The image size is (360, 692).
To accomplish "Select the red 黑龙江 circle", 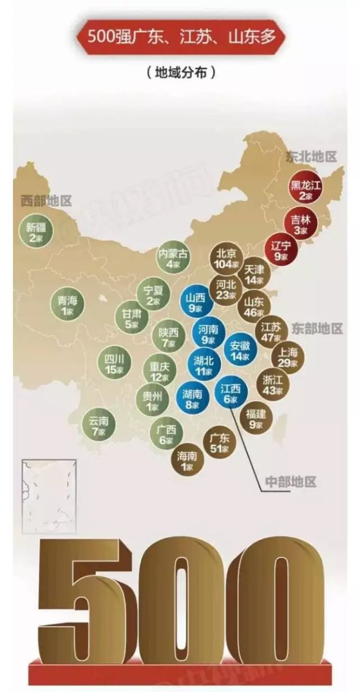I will coord(304,190).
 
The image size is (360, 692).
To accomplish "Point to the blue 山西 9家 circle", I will coord(196,302).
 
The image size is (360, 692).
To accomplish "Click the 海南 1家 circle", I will coord(187,461).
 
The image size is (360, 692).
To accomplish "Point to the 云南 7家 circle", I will coord(98,425).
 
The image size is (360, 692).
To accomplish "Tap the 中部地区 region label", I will coord(291,482).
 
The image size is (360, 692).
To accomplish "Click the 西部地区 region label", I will coord(46,201).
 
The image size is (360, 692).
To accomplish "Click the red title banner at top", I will coord(181,39).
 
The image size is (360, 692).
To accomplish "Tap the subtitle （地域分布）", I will coord(181,73).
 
